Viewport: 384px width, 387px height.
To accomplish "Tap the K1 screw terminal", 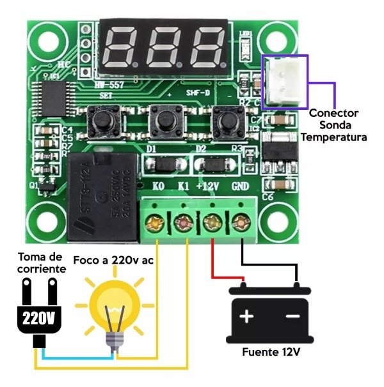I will tap(183, 224).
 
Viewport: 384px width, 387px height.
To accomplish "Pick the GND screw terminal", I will tap(241, 224).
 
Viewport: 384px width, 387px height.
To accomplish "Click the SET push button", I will tap(101, 119).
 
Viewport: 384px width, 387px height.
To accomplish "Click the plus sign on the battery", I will tap(247, 317).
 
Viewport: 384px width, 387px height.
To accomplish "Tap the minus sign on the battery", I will tap(292, 317).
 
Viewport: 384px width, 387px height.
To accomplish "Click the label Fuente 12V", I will tap(271, 353).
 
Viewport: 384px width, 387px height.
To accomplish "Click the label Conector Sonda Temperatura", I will tap(333, 125).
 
